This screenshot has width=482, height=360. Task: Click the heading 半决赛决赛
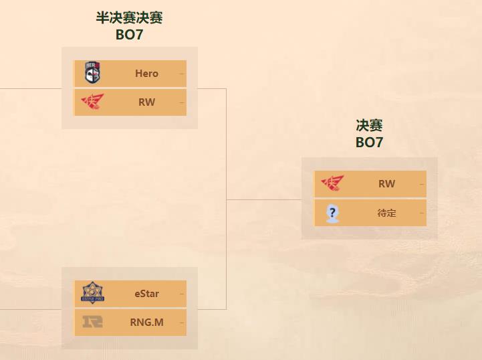[129, 18]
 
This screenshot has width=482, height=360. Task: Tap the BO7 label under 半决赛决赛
[129, 35]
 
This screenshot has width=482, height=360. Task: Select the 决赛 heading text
[369, 125]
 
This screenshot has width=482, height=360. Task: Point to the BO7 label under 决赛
[369, 142]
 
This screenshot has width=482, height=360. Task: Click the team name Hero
[146, 74]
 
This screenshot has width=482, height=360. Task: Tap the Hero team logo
[92, 73]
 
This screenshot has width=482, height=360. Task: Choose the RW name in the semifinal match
[146, 102]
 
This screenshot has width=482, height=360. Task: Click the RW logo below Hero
[92, 102]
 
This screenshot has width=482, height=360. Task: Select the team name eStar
[146, 294]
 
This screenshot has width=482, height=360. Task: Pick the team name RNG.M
[146, 323]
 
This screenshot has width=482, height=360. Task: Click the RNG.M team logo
[92, 322]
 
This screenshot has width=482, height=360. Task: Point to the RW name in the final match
[386, 184]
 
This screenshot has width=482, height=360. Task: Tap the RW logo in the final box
[332, 183]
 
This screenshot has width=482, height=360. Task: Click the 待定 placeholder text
[386, 213]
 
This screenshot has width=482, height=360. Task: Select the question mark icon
[332, 213]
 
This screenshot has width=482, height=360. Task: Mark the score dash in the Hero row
[182, 74]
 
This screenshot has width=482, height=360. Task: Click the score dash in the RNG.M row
[182, 323]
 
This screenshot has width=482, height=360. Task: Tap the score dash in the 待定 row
[422, 213]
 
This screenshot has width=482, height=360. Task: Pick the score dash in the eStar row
[182, 294]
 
